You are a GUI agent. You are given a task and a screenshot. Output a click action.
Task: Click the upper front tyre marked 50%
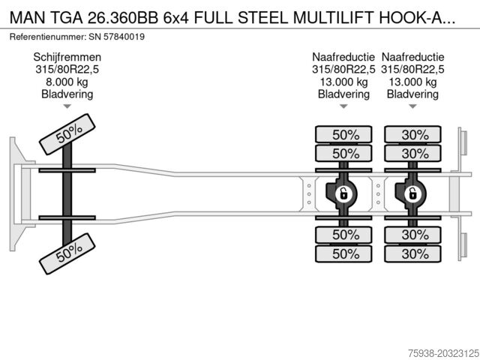coord(68,133)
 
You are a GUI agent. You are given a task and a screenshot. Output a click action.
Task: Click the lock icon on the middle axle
coord(343,194)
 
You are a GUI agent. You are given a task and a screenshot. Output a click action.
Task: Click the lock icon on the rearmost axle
coord(412,194)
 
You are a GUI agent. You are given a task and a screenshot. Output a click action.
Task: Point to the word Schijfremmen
coord(67,57)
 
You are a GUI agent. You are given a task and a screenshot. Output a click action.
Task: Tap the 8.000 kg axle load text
coord(67,82)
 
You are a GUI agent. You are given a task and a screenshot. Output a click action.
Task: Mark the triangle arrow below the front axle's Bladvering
coord(67,106)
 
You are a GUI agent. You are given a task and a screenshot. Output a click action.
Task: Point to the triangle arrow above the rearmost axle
coord(412,106)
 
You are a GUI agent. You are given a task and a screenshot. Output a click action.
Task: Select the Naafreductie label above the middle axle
coord(343,57)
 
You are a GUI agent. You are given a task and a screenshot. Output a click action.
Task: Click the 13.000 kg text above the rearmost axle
coord(412,82)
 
